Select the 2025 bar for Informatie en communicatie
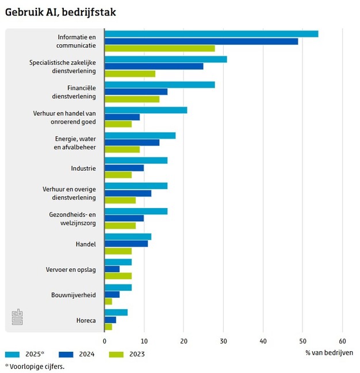click(x=211, y=34)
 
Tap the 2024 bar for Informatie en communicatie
click(x=201, y=41)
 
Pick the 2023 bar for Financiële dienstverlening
click(x=132, y=99)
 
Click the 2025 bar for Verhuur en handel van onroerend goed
click(x=145, y=110)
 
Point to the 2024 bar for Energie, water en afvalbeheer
click(x=132, y=143)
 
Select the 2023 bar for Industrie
click(x=118, y=175)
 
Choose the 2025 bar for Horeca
click(x=116, y=312)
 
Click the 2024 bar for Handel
click(x=126, y=244)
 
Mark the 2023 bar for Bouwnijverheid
click(x=108, y=301)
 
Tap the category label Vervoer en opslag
click(x=71, y=269)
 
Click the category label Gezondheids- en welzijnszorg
click(x=72, y=218)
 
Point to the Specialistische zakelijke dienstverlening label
click(x=63, y=67)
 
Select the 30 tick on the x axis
click(x=223, y=340)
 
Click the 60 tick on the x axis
click(x=342, y=340)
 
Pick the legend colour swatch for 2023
click(x=116, y=354)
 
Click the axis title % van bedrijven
click(x=329, y=352)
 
